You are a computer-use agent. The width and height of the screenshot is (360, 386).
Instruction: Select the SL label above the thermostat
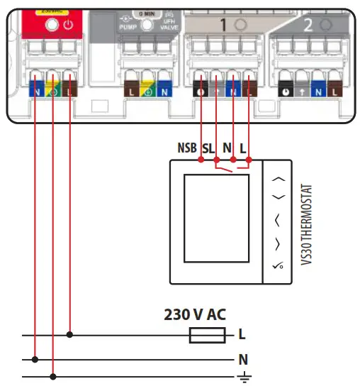click(x=208, y=149)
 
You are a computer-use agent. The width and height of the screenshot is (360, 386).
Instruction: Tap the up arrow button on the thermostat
click(x=279, y=180)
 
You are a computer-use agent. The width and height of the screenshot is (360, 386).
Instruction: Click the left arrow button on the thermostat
click(x=278, y=221)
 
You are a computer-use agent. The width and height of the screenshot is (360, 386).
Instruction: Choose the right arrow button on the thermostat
click(x=278, y=244)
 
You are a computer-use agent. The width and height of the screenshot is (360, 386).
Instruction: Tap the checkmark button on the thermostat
click(x=279, y=266)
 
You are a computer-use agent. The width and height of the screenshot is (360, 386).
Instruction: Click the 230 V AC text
click(x=195, y=314)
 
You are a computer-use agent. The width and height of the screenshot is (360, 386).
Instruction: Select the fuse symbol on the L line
click(x=208, y=333)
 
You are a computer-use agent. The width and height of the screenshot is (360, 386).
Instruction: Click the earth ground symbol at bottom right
click(x=244, y=377)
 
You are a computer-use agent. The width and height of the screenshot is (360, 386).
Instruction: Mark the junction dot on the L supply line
click(x=69, y=333)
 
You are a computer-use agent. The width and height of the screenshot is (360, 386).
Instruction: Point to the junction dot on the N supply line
click(x=35, y=359)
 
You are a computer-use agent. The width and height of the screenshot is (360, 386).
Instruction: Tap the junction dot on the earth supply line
click(x=52, y=377)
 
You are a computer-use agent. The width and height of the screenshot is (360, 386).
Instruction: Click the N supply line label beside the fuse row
click(x=242, y=359)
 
